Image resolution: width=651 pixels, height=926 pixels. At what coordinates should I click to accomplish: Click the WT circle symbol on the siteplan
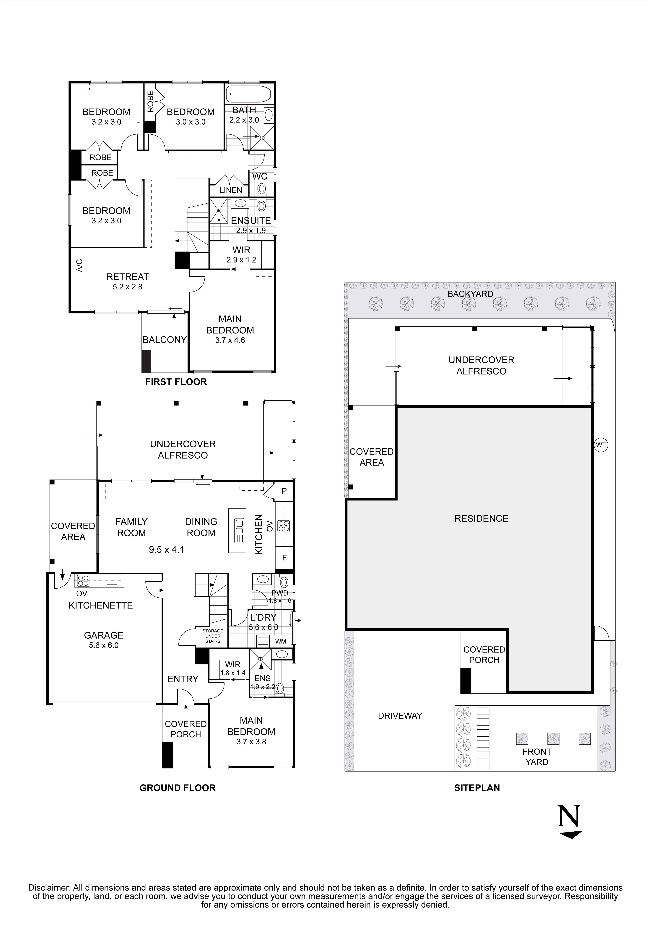point(601,445)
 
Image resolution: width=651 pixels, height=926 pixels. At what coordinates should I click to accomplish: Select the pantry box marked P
point(284,491)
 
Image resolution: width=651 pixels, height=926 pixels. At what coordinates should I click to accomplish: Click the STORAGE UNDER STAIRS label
point(213,636)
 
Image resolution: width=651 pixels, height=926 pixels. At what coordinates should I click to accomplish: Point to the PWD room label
point(280,593)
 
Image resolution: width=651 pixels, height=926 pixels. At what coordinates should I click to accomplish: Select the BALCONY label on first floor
point(164,340)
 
